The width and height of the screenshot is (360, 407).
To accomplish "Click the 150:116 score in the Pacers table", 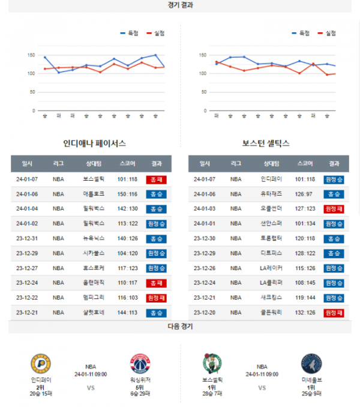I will (127, 194).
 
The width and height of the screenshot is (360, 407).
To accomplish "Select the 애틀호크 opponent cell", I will (94, 194).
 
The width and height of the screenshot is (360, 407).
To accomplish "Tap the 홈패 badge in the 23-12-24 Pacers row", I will (156, 283).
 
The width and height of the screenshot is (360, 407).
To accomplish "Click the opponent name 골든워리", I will (271, 313).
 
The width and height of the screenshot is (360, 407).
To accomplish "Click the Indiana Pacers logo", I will (41, 364).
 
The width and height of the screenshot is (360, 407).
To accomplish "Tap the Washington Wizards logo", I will (139, 364).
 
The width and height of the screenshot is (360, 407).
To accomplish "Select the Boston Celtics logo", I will (212, 364).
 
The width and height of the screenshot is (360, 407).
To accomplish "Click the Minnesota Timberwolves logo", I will (311, 364).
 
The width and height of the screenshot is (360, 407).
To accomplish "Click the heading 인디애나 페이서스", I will (94, 143).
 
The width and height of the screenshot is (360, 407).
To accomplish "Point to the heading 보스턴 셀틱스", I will (266, 143).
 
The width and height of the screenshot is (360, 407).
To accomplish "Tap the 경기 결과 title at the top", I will (181, 5).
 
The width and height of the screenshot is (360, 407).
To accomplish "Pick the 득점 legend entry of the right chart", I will (301, 34).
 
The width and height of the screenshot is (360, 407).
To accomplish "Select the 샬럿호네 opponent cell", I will (94, 313).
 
